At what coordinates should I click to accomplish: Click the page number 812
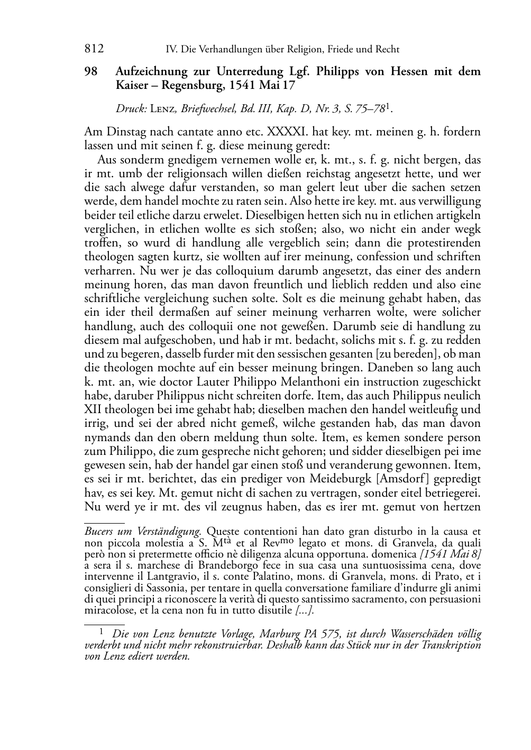(94, 49)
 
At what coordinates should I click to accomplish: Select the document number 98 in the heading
(91, 71)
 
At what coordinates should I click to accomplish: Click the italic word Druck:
(131, 109)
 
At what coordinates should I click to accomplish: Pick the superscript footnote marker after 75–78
(389, 107)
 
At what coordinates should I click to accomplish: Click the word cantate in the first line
(191, 130)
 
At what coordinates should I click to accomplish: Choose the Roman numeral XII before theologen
(93, 409)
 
